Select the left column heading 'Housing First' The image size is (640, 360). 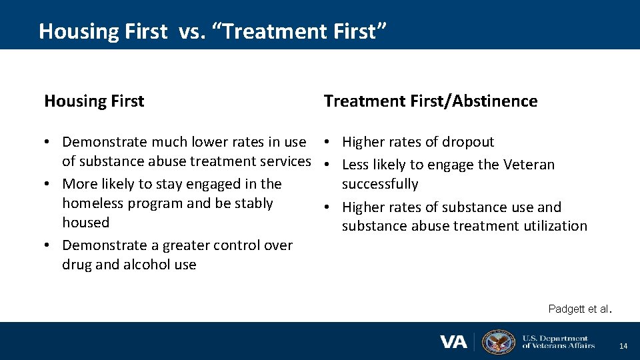(x=94, y=101)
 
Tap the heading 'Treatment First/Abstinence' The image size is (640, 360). (x=430, y=101)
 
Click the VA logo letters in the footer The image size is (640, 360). (x=453, y=341)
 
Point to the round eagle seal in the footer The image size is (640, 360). (x=498, y=341)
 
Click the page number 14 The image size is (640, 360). (x=623, y=346)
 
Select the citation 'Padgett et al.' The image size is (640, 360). (x=579, y=309)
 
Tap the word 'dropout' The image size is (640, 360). (x=467, y=142)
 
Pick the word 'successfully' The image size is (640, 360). (x=380, y=184)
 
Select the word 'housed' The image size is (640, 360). (x=85, y=223)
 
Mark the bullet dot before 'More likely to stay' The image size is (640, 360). (x=49, y=184)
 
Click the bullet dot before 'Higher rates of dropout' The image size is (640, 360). (x=329, y=142)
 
